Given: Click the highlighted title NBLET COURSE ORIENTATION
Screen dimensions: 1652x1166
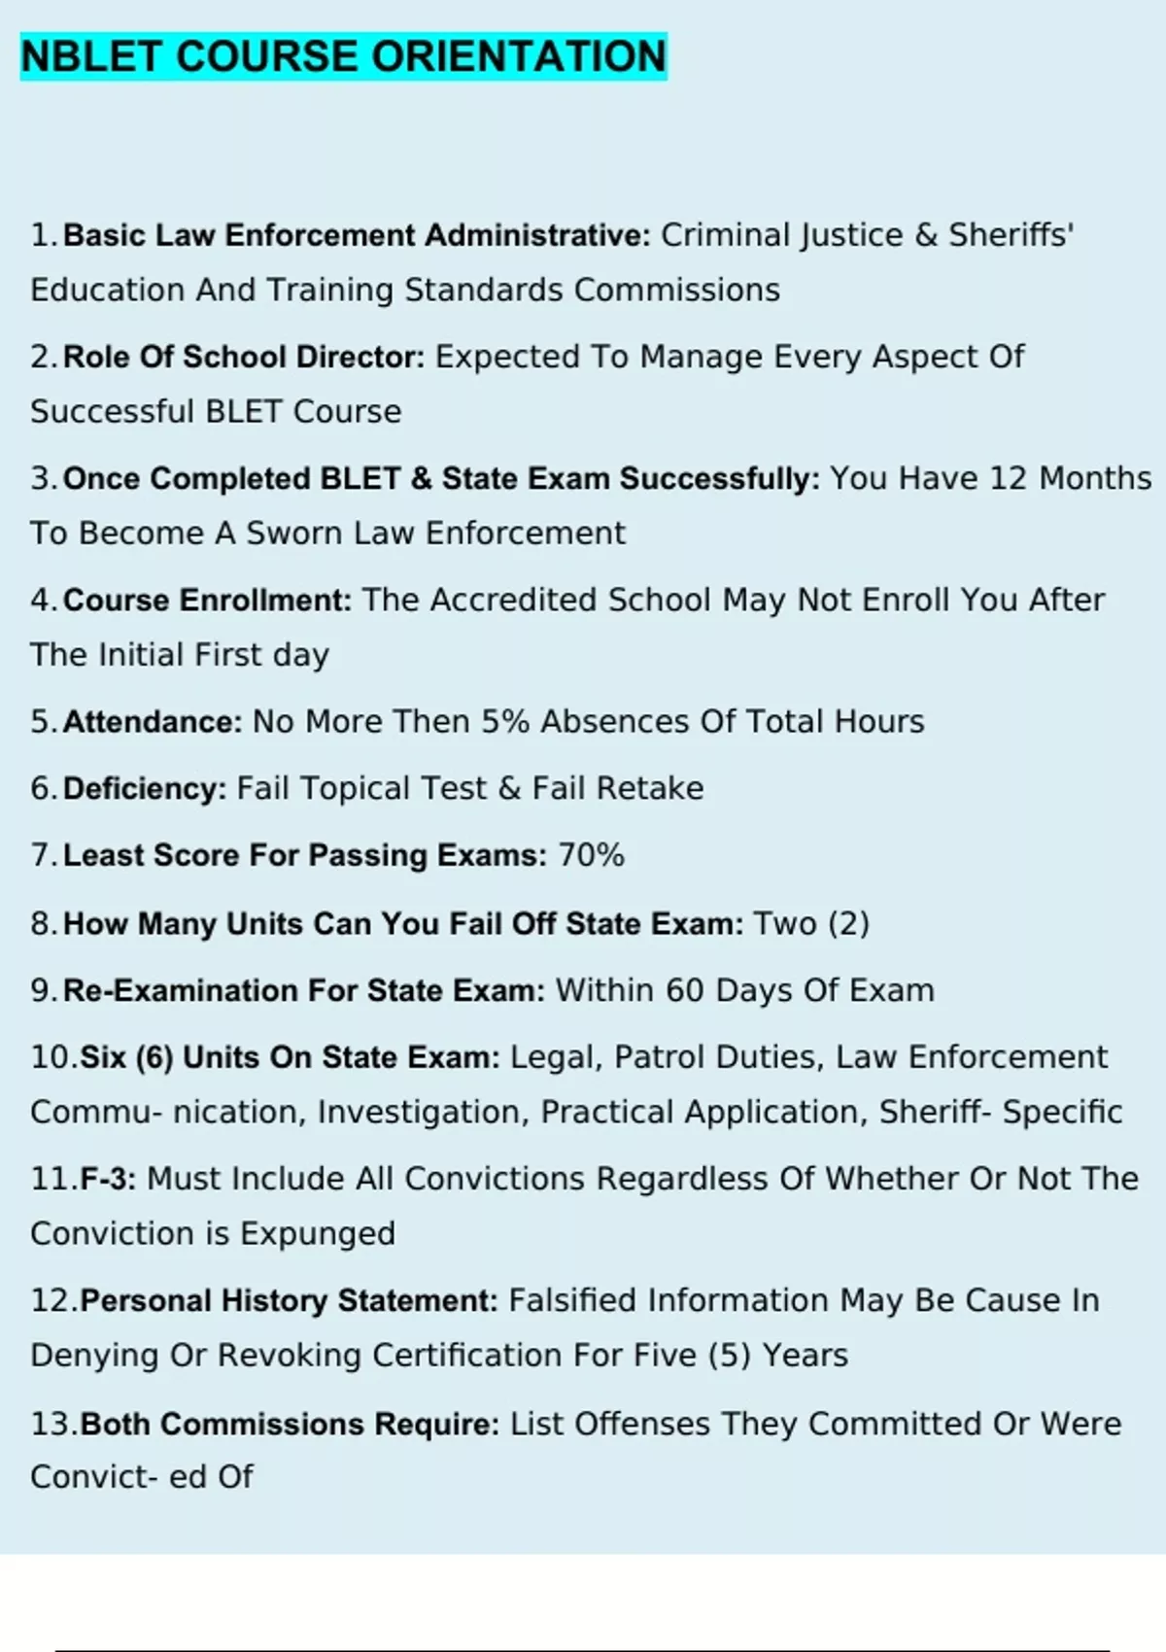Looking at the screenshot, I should coord(343,56).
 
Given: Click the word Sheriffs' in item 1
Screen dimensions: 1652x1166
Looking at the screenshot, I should coord(1011,235).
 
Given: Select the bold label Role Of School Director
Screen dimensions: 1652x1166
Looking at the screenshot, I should coord(244,357).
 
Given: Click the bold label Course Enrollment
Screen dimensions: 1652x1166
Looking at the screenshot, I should coord(207,600).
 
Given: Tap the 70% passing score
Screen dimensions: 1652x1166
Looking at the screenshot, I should coord(591,855).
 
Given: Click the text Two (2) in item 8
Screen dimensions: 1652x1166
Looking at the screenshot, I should coord(811,923).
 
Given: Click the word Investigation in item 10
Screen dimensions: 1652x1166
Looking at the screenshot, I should coord(419,1112).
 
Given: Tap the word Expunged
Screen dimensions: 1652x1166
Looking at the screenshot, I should coord(318,1233).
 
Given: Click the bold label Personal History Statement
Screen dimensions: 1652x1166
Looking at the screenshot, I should coord(289,1300).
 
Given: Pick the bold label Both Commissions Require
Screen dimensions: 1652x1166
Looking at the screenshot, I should coord(290,1424).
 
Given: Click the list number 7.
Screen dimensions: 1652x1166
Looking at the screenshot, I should coord(43,855).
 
